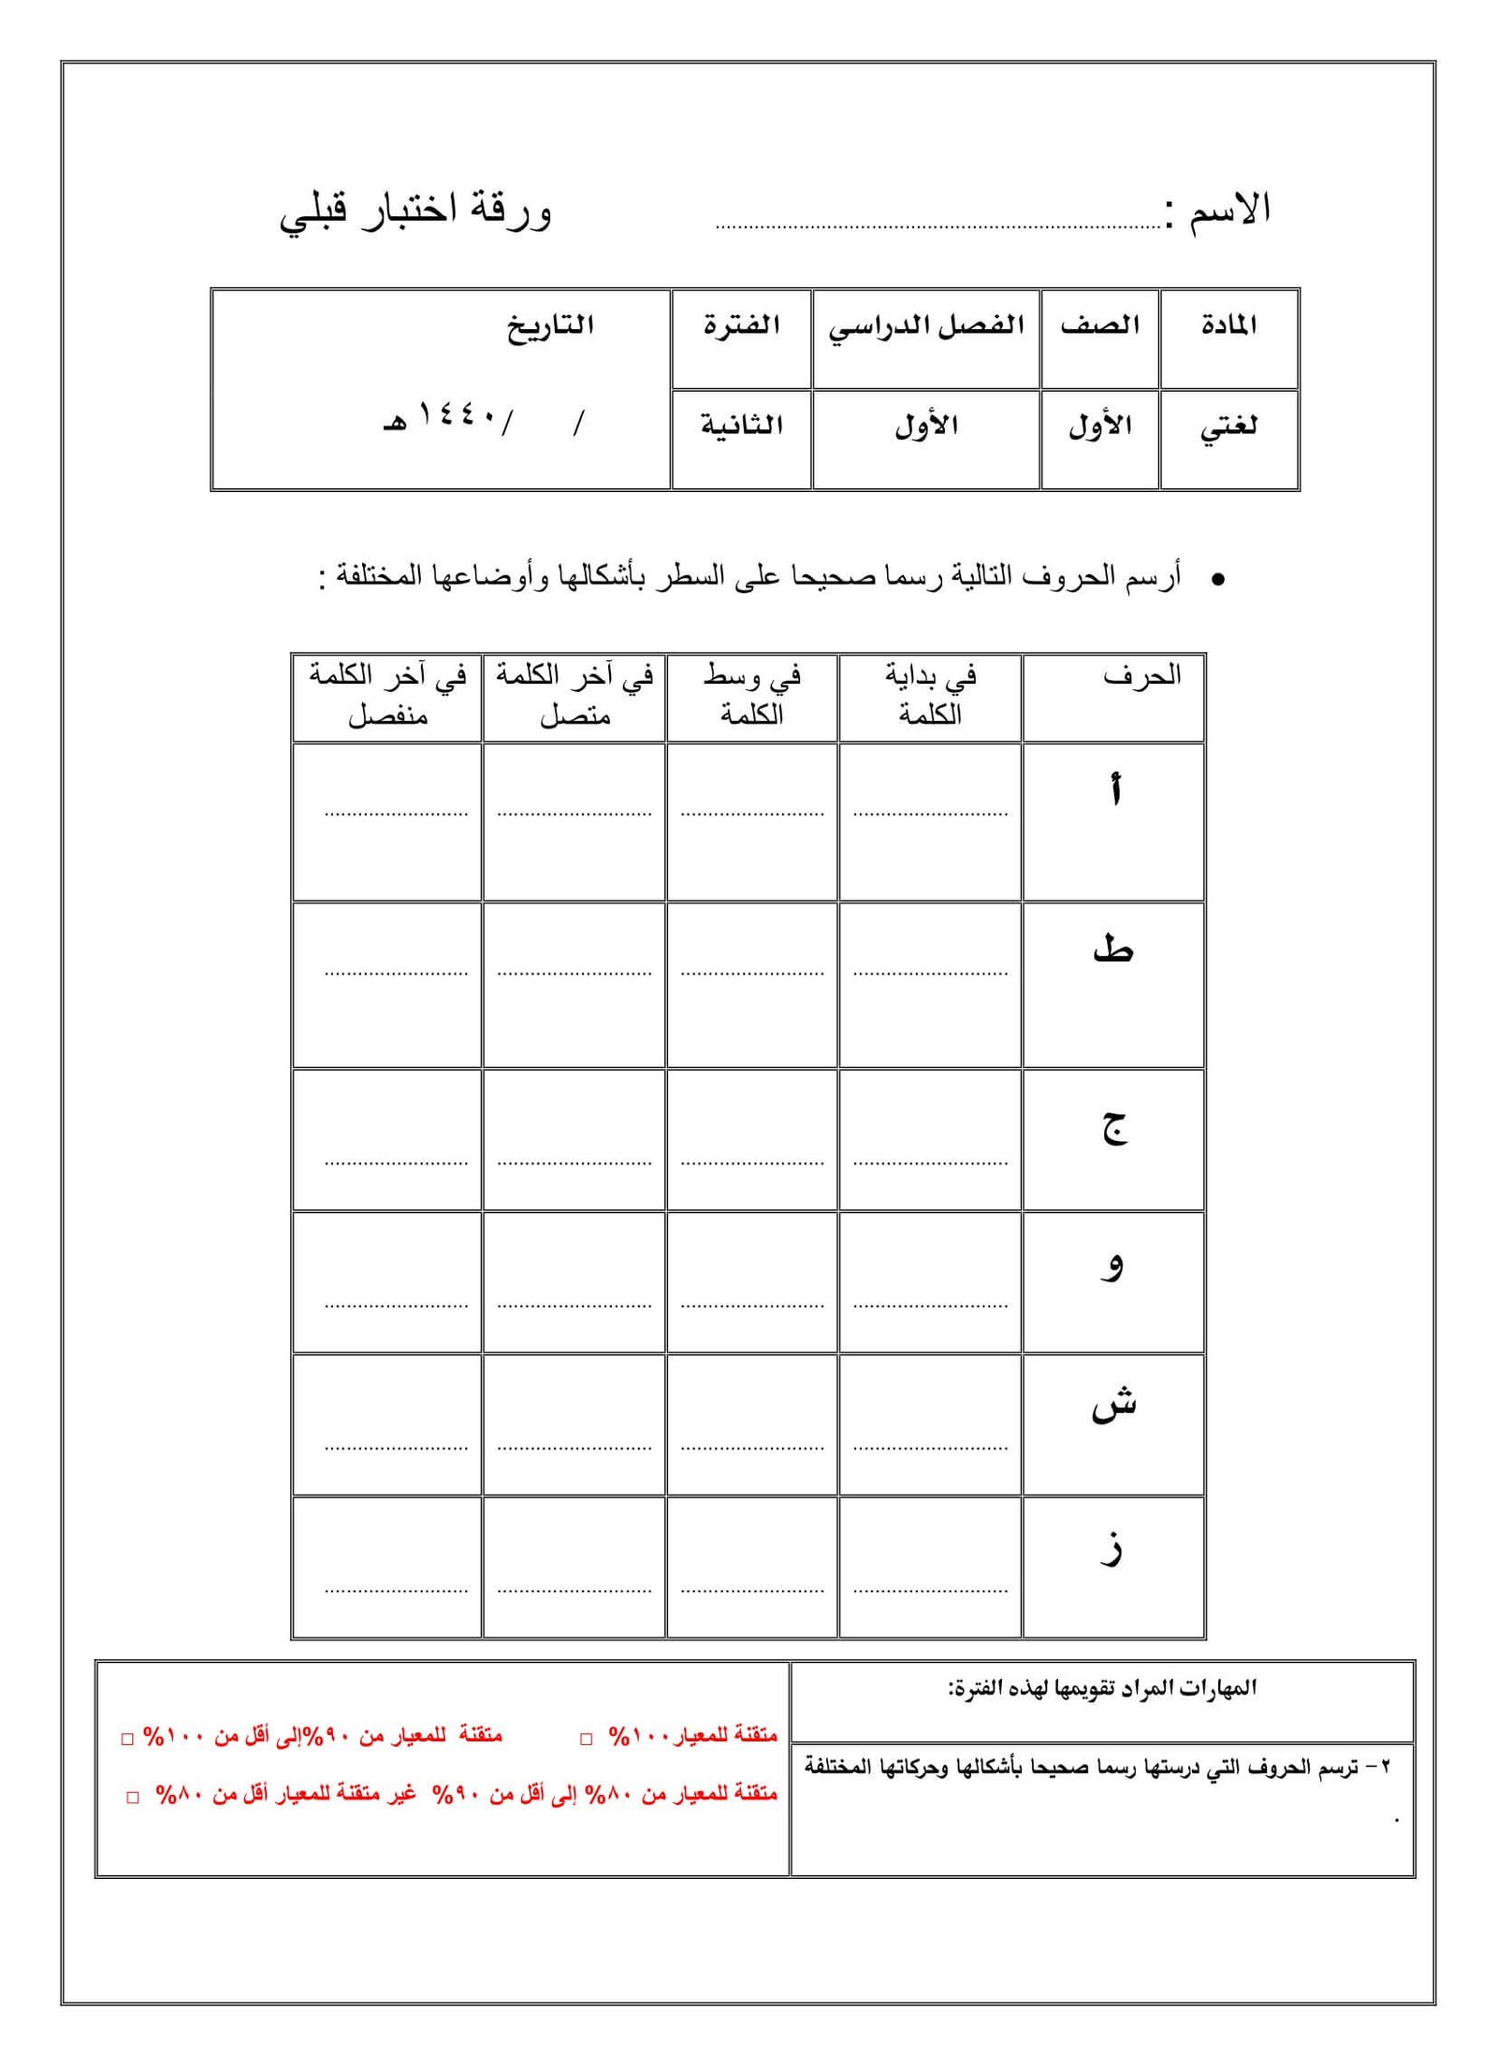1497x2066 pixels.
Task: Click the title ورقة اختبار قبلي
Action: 415,211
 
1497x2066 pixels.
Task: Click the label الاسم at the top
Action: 1229,209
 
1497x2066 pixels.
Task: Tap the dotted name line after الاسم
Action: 936,225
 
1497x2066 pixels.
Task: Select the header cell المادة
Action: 1228,325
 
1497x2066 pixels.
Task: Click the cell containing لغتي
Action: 1228,426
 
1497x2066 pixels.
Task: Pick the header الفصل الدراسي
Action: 925,326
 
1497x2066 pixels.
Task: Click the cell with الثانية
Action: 741,426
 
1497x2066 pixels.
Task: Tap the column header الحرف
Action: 1141,676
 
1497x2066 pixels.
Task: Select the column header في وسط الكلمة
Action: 751,695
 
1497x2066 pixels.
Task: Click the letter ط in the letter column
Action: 1112,948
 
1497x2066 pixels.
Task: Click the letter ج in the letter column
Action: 1113,1128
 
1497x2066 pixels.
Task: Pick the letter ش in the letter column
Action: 1113,1406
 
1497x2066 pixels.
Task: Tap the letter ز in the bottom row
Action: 1112,1548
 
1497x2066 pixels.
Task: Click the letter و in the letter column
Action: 1112,1266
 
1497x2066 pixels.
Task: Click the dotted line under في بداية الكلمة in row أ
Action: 929,814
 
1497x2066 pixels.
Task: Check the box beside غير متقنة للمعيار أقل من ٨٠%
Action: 133,1798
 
